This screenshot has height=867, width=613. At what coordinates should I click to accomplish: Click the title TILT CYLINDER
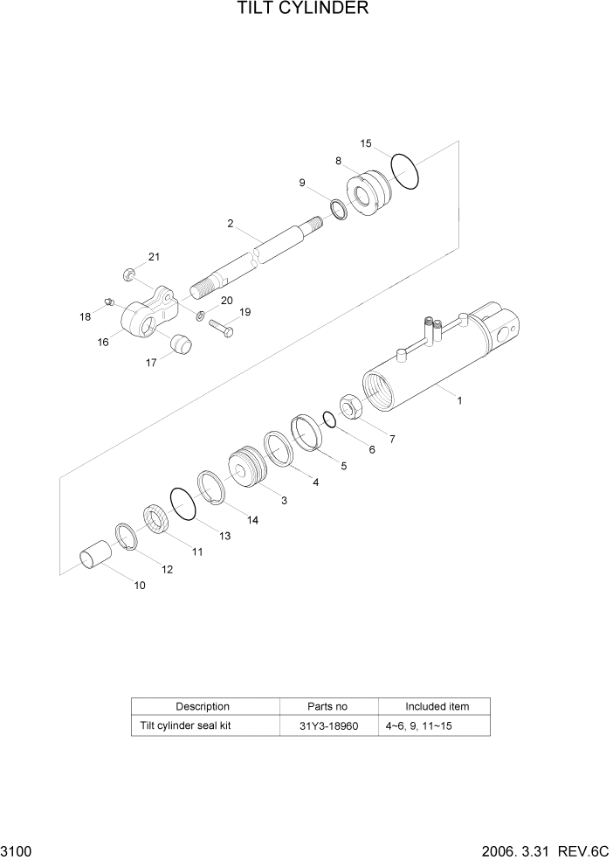click(302, 10)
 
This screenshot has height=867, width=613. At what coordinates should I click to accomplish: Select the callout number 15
click(366, 143)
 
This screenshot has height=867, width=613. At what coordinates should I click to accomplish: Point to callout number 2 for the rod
click(231, 224)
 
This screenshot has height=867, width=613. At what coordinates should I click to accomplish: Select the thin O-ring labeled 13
click(184, 504)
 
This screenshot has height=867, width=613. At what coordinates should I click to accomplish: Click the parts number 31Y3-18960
click(328, 725)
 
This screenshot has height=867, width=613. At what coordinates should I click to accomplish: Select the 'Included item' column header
click(436, 706)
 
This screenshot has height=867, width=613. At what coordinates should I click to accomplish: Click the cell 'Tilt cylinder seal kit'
click(184, 725)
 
